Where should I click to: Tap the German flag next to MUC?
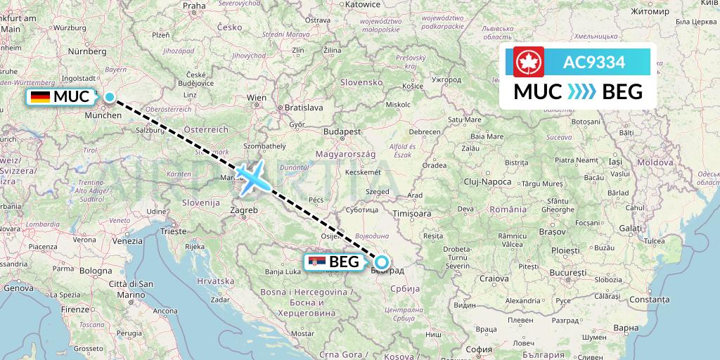tap(40, 97)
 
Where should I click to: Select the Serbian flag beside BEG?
tap(318, 263)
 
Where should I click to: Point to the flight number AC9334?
tap(594, 62)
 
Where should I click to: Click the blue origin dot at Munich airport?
tap(110, 97)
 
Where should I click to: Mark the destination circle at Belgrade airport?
tap(381, 263)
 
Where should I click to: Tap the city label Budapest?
tap(342, 131)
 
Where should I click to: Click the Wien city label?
tap(257, 98)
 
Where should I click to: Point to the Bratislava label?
tap(303, 108)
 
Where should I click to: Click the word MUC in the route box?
tap(538, 91)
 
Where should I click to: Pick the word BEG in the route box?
tap(622, 91)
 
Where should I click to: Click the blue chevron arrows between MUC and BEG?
tap(581, 91)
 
